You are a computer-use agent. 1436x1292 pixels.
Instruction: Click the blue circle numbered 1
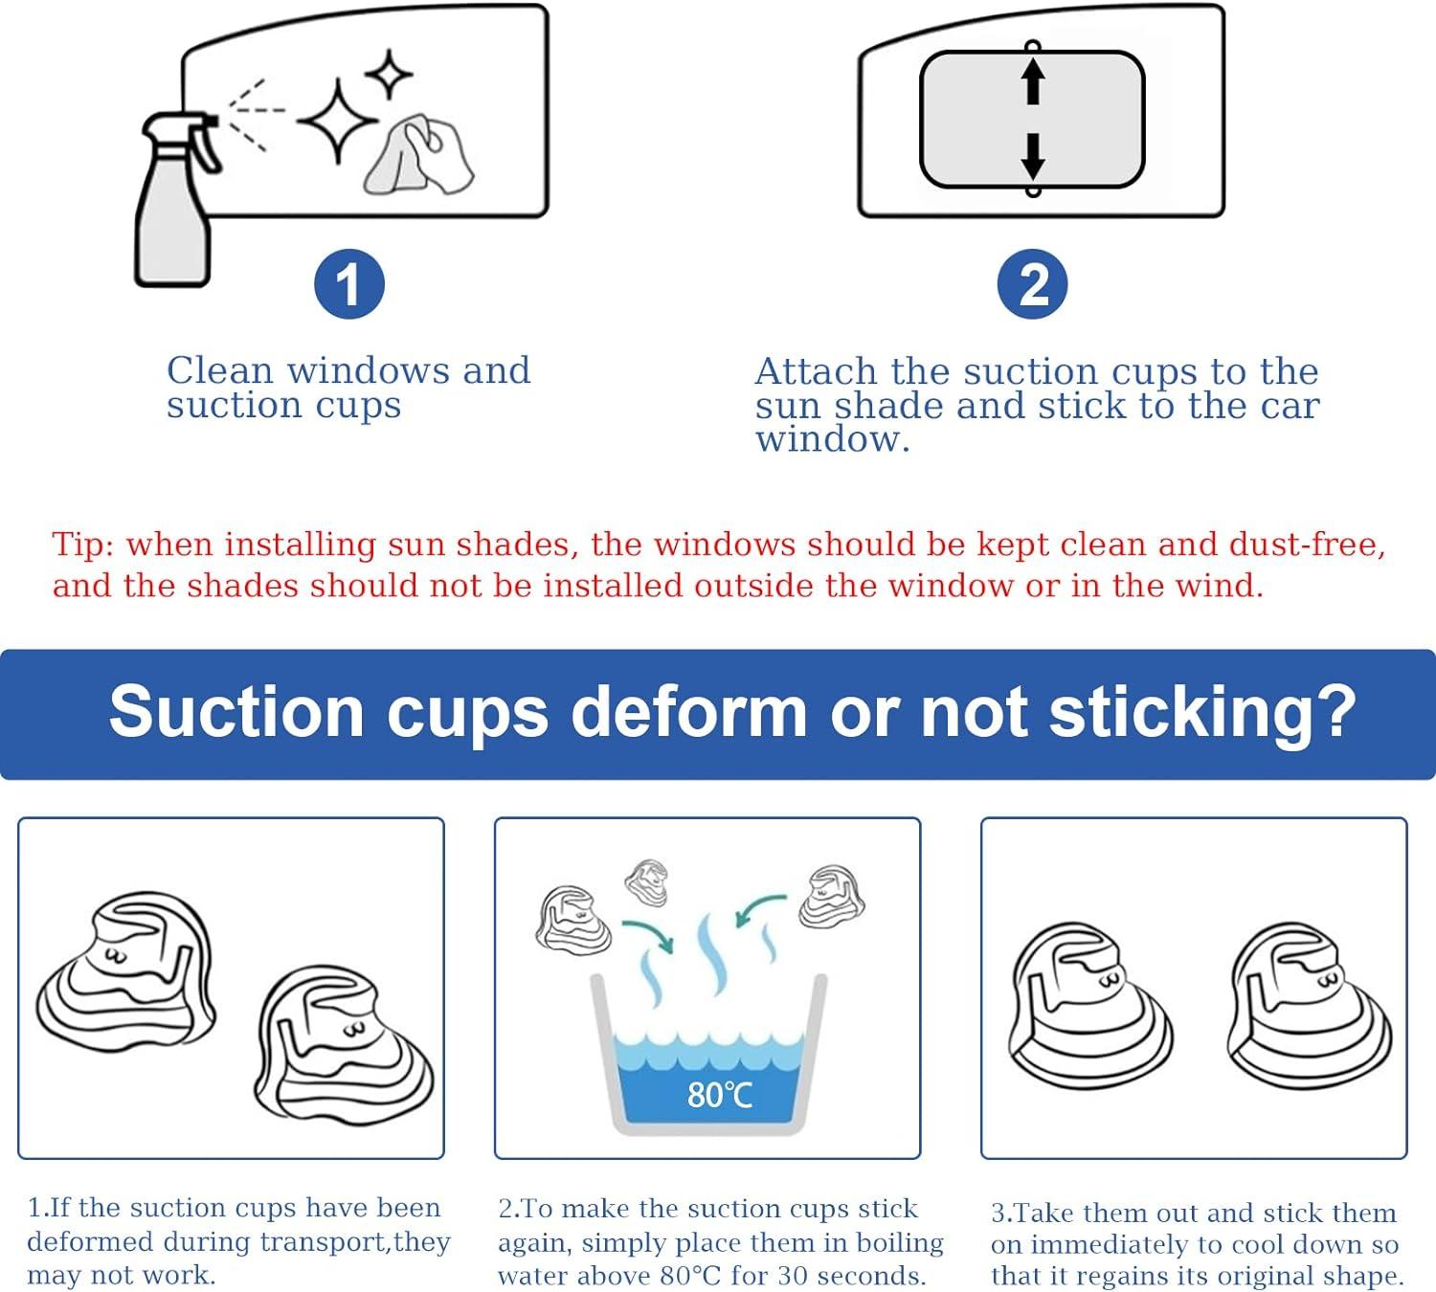click(349, 284)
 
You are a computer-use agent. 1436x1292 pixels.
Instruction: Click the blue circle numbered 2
click(1032, 284)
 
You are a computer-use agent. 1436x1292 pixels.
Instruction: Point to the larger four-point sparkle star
click(338, 121)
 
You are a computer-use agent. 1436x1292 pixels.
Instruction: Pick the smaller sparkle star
click(389, 74)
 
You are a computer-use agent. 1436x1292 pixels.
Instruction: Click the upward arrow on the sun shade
click(1032, 81)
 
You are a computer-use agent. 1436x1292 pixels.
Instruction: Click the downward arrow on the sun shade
click(1032, 156)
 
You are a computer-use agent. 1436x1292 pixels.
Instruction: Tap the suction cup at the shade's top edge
click(1032, 46)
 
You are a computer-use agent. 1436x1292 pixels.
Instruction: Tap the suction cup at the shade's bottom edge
click(1032, 191)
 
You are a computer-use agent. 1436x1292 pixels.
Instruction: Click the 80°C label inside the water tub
click(719, 1095)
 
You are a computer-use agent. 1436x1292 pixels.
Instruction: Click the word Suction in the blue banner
click(236, 711)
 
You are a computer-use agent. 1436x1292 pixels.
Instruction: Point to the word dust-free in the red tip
click(1307, 544)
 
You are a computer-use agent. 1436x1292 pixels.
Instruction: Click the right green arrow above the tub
click(761, 910)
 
